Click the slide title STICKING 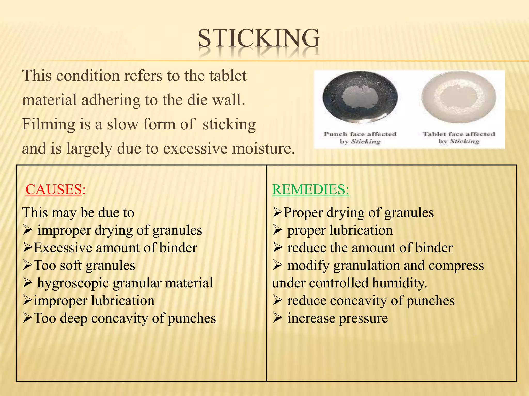[259, 39]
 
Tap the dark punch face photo [360, 98]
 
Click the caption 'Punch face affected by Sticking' [360, 138]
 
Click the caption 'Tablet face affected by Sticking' [459, 138]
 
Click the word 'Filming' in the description [48, 125]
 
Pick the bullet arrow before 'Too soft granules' [27, 265]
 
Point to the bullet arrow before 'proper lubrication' [277, 230]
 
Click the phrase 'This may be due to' [78, 213]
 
